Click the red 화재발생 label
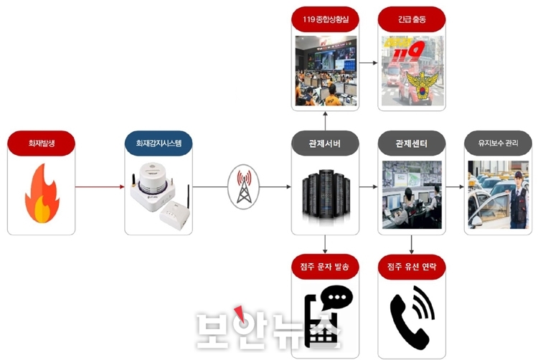pos(41,143)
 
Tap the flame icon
pos(42,194)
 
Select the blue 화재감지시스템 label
pos(159,143)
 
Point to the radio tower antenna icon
pos(244,187)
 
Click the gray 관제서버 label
pos(325,143)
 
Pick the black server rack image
pos(326,194)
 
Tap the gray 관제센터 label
pos(412,143)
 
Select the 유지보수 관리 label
pos(498,143)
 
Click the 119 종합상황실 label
pos(325,19)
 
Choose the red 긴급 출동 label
pos(412,19)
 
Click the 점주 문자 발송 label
pos(325,267)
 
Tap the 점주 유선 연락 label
pos(412,267)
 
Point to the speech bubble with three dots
pos(337,298)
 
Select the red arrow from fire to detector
pos(100,187)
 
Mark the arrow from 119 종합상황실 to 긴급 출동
pos(369,62)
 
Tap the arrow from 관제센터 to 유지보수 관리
pos(455,187)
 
